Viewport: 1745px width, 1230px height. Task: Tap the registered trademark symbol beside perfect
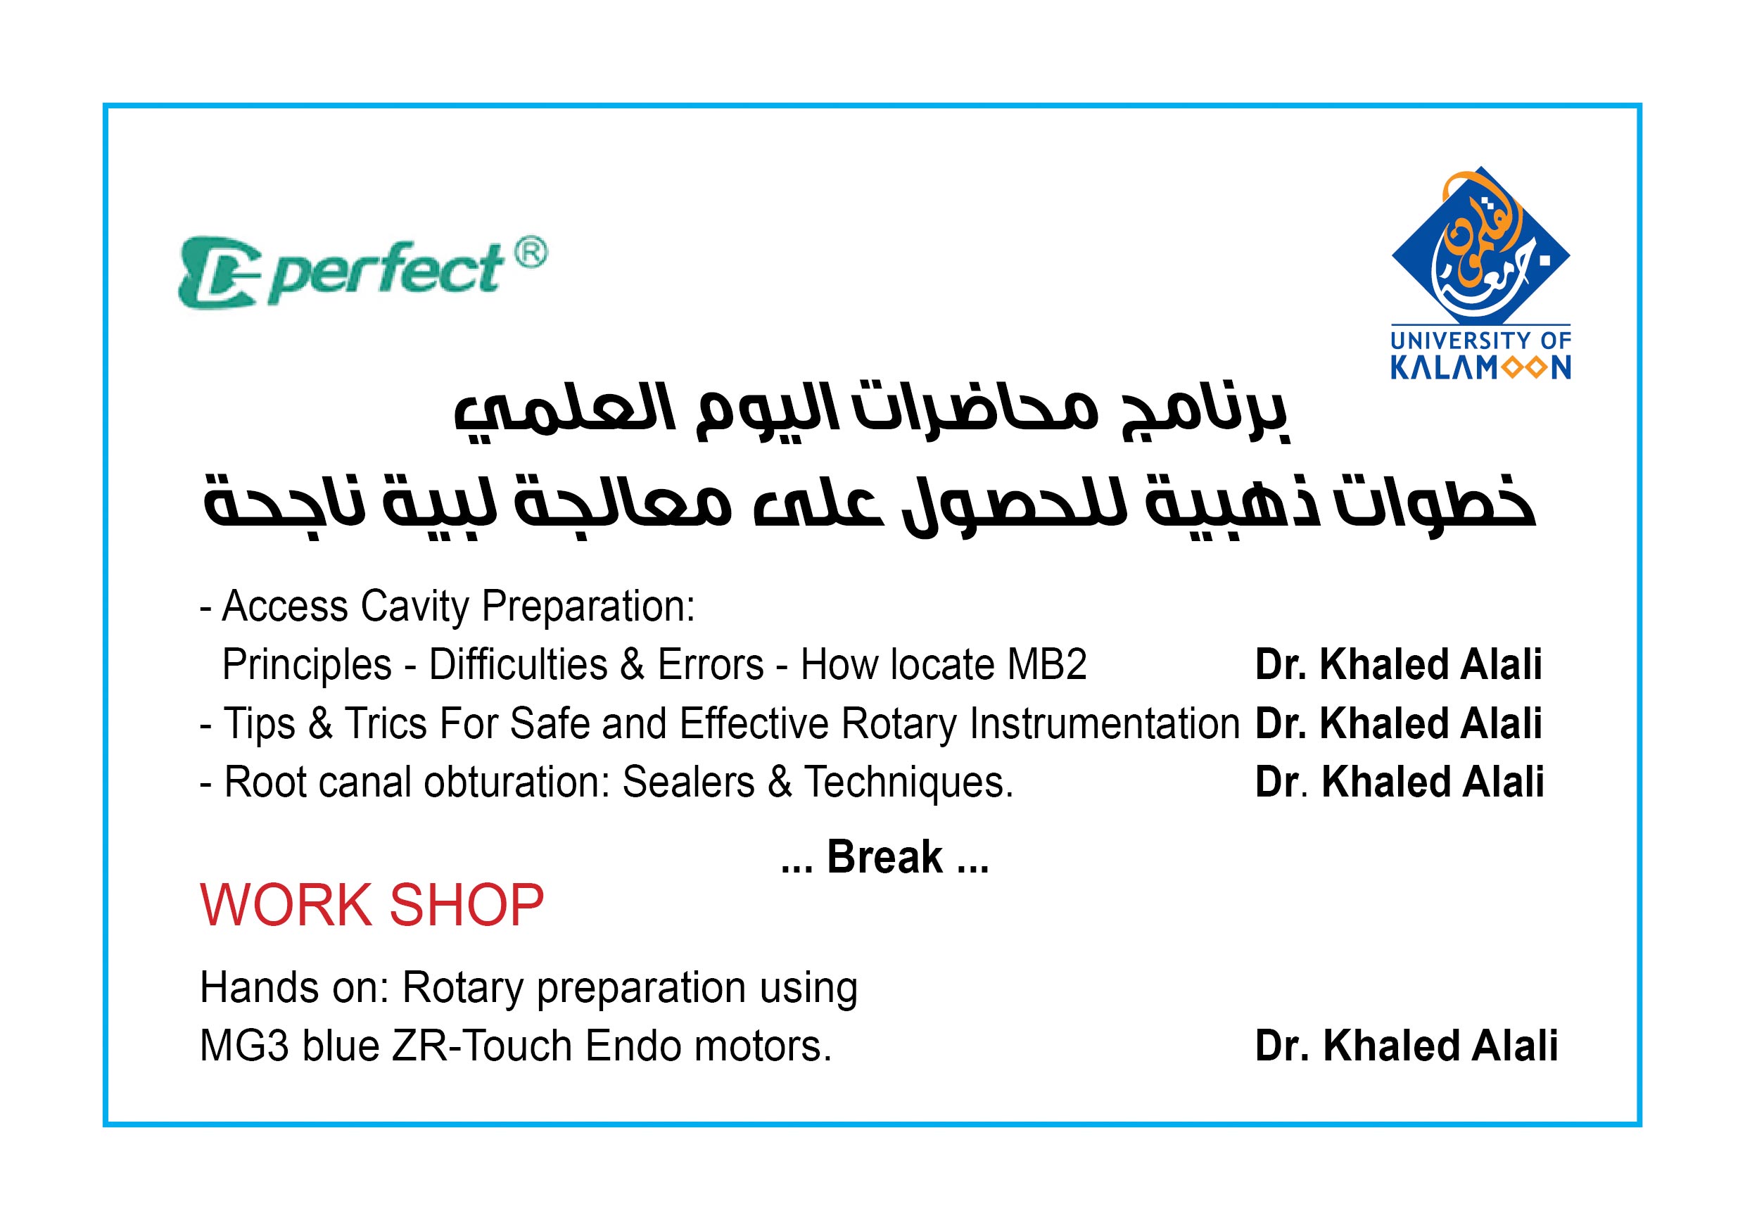coord(531,253)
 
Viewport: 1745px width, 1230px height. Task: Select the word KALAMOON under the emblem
coord(1480,369)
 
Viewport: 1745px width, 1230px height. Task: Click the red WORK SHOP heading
coord(372,906)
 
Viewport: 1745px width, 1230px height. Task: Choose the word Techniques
coord(909,783)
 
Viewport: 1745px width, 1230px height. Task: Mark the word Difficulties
coord(519,664)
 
